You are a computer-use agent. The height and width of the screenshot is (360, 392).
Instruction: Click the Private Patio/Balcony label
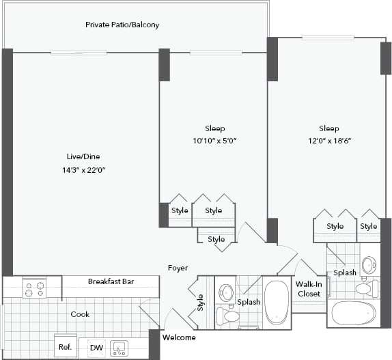(122, 25)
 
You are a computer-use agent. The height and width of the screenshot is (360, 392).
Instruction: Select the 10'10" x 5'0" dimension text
(214, 141)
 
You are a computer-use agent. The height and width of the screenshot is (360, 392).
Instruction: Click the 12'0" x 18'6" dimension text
(328, 141)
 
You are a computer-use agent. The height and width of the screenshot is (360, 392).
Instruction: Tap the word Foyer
(178, 268)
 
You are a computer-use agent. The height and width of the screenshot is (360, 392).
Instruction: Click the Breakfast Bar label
(110, 281)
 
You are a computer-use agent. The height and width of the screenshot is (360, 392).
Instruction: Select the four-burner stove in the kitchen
(34, 289)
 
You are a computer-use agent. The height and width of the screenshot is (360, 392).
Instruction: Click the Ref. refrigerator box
(66, 347)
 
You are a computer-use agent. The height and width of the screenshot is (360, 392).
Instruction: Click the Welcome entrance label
(179, 337)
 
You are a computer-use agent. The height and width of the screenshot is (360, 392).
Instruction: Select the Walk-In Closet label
(309, 289)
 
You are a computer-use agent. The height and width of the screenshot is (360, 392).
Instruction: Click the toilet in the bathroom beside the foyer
(228, 316)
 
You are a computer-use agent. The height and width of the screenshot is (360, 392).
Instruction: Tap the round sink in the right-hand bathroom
(369, 265)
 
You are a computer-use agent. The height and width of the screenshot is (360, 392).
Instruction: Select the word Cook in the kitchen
(81, 314)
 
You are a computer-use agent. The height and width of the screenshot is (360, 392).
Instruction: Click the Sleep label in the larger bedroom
(328, 128)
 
